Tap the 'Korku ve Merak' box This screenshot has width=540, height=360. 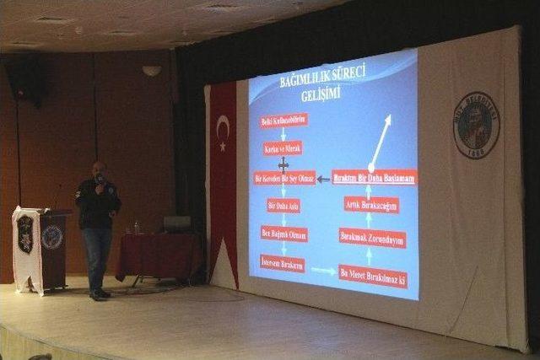click(x=283, y=148)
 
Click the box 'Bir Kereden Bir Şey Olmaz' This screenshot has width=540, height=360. click(x=284, y=178)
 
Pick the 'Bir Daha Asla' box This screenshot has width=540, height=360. click(x=283, y=205)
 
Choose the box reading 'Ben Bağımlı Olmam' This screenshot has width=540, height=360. click(x=283, y=234)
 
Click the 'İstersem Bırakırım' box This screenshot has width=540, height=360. click(x=283, y=264)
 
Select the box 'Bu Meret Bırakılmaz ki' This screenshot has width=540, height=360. click(x=373, y=274)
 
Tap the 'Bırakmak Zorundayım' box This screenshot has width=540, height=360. click(x=372, y=238)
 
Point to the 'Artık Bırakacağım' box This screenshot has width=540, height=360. click(x=371, y=205)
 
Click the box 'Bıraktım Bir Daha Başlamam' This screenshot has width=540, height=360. click(x=374, y=177)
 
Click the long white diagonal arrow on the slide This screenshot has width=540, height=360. click(x=381, y=141)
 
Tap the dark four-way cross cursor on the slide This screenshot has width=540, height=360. click(x=283, y=164)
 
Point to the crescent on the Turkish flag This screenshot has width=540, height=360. click(x=223, y=127)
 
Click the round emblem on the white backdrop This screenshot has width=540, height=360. click(x=477, y=125)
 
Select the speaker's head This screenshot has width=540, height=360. click(x=100, y=172)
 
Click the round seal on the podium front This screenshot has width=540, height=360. click(x=51, y=237)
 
